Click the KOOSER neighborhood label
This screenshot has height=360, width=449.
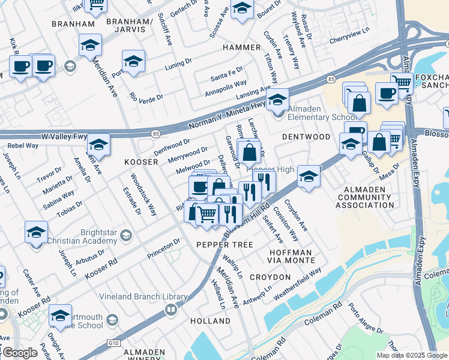pos(140,163)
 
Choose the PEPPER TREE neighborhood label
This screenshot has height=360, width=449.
pos(224,245)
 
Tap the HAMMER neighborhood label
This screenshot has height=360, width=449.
pos(242,47)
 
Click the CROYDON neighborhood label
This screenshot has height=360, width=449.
pos(270,277)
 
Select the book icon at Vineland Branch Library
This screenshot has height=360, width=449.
pos(171,310)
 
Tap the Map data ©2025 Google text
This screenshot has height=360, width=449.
pos(411,355)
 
